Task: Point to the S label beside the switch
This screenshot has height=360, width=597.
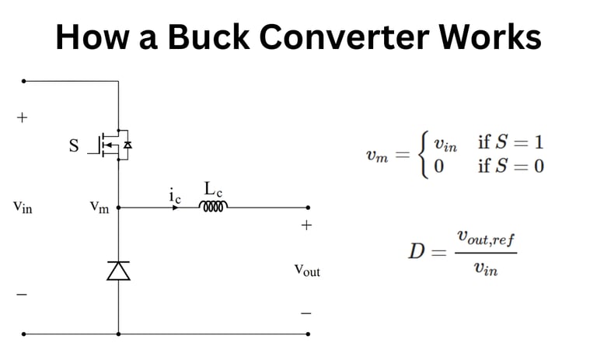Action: pyautogui.click(x=75, y=145)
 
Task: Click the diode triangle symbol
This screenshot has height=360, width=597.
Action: pyautogui.click(x=118, y=270)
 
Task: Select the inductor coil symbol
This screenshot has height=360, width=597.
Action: pyautogui.click(x=214, y=207)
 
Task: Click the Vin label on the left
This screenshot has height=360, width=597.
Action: pyautogui.click(x=23, y=208)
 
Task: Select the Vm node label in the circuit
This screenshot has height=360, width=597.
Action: pyautogui.click(x=99, y=208)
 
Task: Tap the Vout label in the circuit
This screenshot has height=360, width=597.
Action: pyautogui.click(x=306, y=271)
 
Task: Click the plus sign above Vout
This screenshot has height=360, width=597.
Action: pyautogui.click(x=306, y=225)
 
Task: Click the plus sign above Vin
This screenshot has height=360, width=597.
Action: pyautogui.click(x=22, y=118)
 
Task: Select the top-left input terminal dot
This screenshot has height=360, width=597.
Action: pyautogui.click(x=24, y=80)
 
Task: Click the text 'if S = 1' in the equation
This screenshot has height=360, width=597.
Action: pyautogui.click(x=511, y=142)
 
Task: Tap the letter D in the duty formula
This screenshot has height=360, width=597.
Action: pyautogui.click(x=417, y=251)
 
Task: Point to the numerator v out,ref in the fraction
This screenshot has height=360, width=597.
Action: pyautogui.click(x=486, y=236)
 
